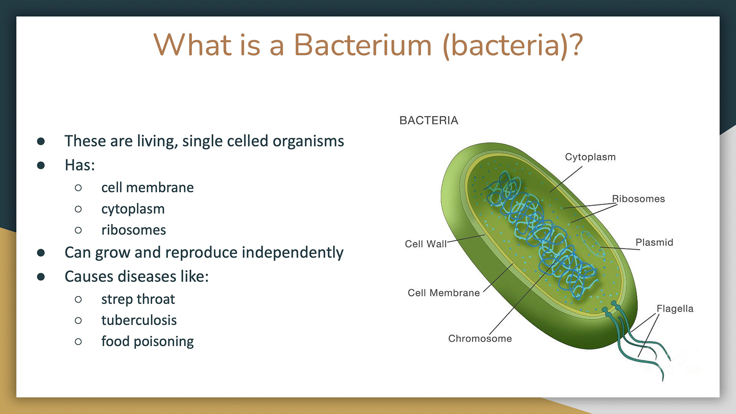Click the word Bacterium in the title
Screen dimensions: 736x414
363,45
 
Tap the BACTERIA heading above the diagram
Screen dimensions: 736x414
429,120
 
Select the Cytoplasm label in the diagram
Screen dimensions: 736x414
590,157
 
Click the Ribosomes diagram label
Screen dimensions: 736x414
638,199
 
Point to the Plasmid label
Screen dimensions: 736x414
654,242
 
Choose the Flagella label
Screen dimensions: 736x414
675,309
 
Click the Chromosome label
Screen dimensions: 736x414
480,338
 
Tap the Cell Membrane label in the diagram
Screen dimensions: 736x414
444,293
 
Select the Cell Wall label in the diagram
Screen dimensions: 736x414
426,244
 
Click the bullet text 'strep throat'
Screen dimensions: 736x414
138,299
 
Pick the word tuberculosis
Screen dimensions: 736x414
139,320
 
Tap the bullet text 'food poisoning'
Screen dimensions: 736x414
147,342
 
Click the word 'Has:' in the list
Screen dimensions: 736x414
80,165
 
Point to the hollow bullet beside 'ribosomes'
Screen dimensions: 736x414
78,230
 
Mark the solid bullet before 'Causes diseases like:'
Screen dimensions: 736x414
41,276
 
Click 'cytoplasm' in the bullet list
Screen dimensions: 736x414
133,209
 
